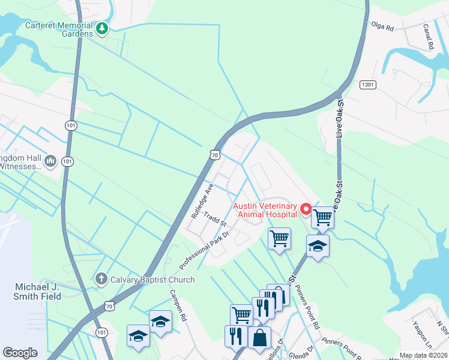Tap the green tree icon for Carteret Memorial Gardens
click(103, 28)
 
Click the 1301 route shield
click(369, 85)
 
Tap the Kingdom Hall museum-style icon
click(50, 161)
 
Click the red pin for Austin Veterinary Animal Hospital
click(305, 209)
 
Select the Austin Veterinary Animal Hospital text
click(267, 209)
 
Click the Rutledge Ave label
click(202, 200)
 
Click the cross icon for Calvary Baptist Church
click(100, 278)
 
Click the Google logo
click(20, 353)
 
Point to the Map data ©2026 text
click(423, 355)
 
